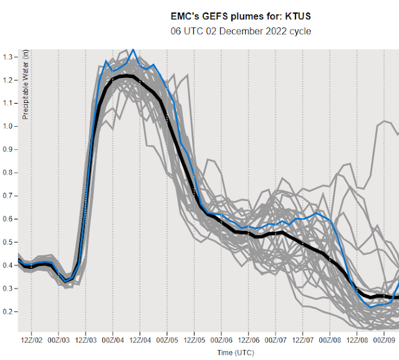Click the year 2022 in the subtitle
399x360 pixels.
pos(267,31)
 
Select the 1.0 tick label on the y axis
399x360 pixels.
pos(9,126)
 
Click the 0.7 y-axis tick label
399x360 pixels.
pos(9,195)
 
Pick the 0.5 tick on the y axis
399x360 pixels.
pos(9,241)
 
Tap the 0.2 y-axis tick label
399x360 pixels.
pos(9,311)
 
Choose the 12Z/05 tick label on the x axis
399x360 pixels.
pos(194,340)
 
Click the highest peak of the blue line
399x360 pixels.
pos(132,49)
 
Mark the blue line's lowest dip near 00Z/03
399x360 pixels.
pos(65,281)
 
